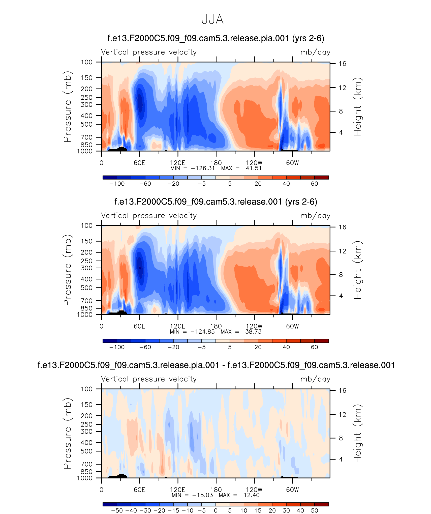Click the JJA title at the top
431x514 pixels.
pos(212,19)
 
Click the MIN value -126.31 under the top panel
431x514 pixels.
pos(203,168)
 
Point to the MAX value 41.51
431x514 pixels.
pos(254,168)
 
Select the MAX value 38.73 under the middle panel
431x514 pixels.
pos(253,332)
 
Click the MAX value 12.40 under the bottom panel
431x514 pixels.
pos(252,495)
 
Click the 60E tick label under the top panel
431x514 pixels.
pos(139,163)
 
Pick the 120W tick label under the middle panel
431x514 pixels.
pos(254,326)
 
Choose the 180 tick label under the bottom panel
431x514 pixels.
pos(216,490)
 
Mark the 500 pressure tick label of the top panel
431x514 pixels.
pos(86,124)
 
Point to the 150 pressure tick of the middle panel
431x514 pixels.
pos(86,241)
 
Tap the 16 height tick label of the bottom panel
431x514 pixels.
pos(342,391)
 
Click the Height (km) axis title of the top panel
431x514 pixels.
pos(357,107)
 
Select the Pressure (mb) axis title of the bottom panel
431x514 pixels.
pos(68,434)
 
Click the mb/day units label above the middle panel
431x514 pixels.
pos(315,216)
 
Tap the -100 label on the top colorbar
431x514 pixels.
pos(117,184)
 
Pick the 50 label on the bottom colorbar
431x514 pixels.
pos(314,511)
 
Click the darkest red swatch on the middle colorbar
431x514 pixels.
pos(321,341)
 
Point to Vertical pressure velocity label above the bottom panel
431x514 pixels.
pos(149,379)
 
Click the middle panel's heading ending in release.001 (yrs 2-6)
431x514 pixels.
pos(216,202)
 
